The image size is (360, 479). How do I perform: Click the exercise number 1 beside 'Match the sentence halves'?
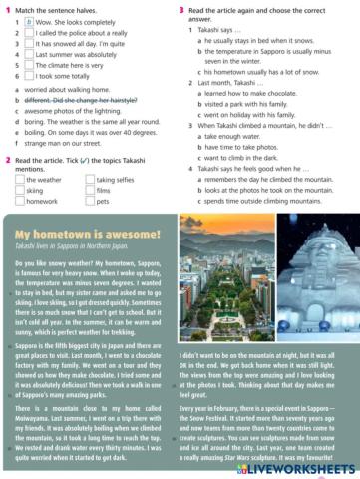coord(7,9)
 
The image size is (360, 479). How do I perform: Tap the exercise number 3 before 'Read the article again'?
coord(182,9)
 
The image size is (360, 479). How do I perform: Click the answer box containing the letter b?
coord(29,21)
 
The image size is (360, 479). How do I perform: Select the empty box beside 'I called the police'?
coord(29,33)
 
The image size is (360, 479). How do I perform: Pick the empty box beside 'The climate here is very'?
coord(29,65)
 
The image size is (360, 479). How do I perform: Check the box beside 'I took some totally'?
coord(29,76)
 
